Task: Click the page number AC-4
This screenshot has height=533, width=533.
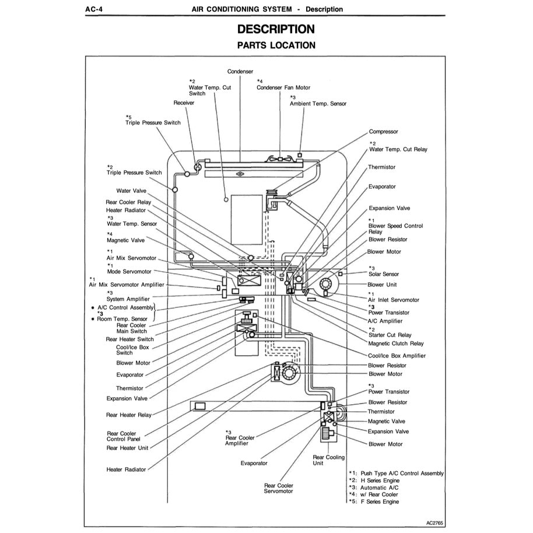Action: [94, 9]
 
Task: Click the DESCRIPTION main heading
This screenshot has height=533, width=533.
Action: [276, 29]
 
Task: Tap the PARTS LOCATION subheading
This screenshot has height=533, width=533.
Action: [276, 45]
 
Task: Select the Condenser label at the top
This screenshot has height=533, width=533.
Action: [240, 72]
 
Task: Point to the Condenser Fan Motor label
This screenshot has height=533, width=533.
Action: [283, 87]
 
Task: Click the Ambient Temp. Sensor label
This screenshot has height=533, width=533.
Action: [318, 104]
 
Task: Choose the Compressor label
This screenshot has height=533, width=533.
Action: [383, 132]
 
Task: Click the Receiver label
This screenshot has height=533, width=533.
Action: [184, 103]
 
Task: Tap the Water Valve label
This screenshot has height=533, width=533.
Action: [131, 191]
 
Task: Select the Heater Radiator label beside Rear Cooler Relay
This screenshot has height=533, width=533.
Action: [126, 211]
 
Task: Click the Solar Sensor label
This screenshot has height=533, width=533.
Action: [384, 274]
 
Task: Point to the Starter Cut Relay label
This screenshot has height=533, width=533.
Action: [390, 335]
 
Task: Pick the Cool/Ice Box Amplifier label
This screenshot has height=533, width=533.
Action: [397, 356]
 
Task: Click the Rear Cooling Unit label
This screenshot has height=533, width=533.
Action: [329, 461]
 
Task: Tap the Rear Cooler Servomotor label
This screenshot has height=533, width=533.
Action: [279, 488]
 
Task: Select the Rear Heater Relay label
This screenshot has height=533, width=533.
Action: [128, 415]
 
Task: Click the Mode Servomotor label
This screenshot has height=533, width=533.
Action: [129, 272]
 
